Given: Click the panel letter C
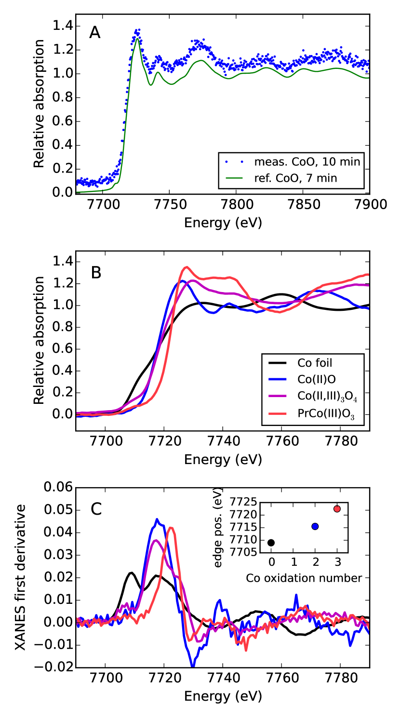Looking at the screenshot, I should click(x=96, y=509).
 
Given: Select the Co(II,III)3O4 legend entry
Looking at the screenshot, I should click(x=330, y=396).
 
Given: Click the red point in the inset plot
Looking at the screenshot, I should click(x=337, y=509).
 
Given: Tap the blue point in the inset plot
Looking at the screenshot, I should click(x=315, y=527).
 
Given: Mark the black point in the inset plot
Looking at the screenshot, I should click(x=271, y=543).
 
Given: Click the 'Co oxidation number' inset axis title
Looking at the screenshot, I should click(x=304, y=578).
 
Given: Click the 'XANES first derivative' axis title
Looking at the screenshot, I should click(x=21, y=577).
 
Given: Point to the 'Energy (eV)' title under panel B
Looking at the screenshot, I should click(x=223, y=459).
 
